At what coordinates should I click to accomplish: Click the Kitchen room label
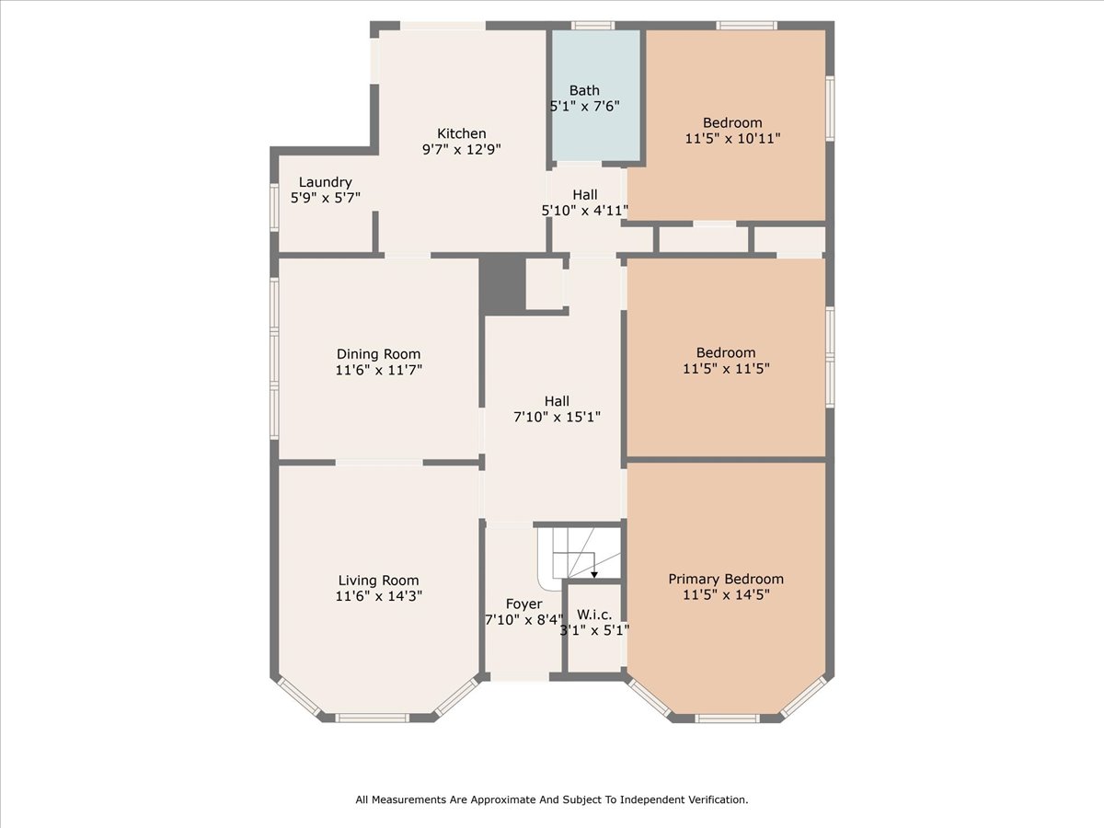[x=461, y=133]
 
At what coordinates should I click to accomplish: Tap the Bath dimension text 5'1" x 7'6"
[x=584, y=106]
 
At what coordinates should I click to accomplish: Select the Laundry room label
[x=325, y=182]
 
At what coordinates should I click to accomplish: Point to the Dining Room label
[x=378, y=354]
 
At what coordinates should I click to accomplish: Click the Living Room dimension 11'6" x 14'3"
[x=378, y=595]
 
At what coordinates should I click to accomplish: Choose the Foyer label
[x=523, y=604]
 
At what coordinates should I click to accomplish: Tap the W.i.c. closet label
[x=595, y=614]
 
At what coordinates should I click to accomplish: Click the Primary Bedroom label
[x=726, y=579]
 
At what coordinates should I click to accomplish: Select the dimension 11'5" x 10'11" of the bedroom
[x=732, y=138]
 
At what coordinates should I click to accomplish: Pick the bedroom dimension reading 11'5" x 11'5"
[x=726, y=368]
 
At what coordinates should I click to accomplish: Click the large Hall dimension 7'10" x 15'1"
[x=557, y=417]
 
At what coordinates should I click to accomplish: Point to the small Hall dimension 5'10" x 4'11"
[x=585, y=211]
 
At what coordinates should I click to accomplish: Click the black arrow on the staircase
[x=594, y=573]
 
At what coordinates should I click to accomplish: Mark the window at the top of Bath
[x=593, y=26]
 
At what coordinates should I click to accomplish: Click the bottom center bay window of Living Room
[x=373, y=717]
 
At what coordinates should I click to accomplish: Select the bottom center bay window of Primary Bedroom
[x=726, y=718]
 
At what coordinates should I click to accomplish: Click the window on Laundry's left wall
[x=274, y=207]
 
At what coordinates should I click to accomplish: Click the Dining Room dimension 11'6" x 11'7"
[x=378, y=370]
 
